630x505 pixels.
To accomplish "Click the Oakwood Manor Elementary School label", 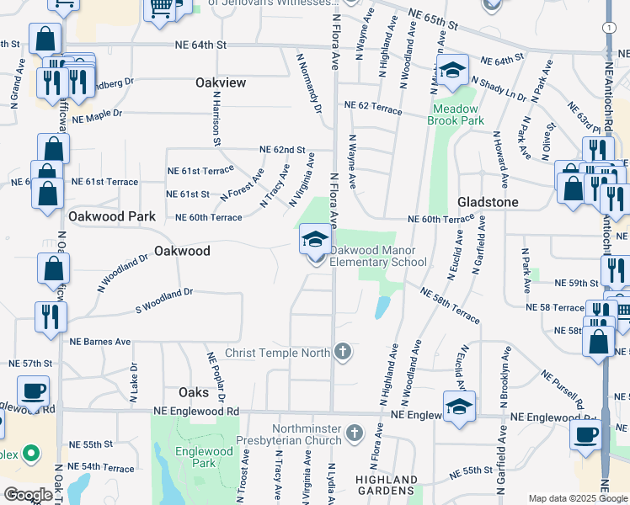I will (x=378, y=256).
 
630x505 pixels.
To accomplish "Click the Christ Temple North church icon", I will (x=342, y=352).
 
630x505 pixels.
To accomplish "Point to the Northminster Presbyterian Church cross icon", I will (x=355, y=433).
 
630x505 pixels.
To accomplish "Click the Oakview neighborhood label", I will (x=221, y=82).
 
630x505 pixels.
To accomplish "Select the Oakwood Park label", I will (x=112, y=216).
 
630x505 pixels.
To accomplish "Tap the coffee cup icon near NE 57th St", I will (x=33, y=391).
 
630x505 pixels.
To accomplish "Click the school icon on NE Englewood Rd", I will (x=459, y=407).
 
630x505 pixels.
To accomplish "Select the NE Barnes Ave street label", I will (x=100, y=342).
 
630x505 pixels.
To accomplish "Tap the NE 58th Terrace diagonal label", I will (x=450, y=305).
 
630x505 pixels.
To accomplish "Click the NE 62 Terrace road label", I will (x=371, y=105).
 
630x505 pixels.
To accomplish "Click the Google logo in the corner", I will (x=28, y=495).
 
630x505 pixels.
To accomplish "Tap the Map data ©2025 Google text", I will (x=577, y=498).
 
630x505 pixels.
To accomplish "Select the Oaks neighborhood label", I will (x=194, y=392).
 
